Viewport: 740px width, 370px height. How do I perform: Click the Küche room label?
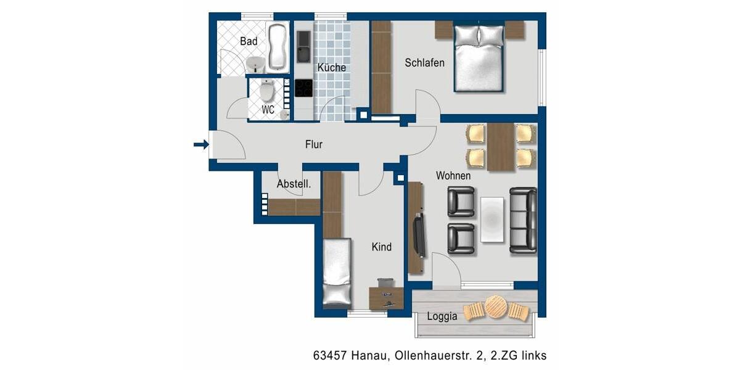[331, 67]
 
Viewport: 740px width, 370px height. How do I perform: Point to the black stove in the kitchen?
[303, 88]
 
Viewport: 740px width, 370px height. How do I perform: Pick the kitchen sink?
[303, 46]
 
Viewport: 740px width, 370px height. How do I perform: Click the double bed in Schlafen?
[479, 58]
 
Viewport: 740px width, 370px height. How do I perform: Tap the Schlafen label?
[424, 63]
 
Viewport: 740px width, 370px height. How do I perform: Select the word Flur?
[314, 144]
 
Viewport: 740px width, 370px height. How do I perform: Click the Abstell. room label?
[294, 184]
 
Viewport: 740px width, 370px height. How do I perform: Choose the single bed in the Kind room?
[337, 273]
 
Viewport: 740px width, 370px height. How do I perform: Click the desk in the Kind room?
[386, 296]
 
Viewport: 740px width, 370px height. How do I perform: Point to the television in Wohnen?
[419, 236]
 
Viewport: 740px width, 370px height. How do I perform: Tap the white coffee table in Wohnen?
[492, 219]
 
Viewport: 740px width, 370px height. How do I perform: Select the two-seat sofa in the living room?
[523, 219]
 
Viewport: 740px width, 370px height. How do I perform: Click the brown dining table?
[500, 147]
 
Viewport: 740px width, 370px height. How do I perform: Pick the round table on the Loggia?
[496, 306]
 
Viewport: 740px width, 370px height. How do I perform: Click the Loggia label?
[442, 316]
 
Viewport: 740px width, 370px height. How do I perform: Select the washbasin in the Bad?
[255, 64]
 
